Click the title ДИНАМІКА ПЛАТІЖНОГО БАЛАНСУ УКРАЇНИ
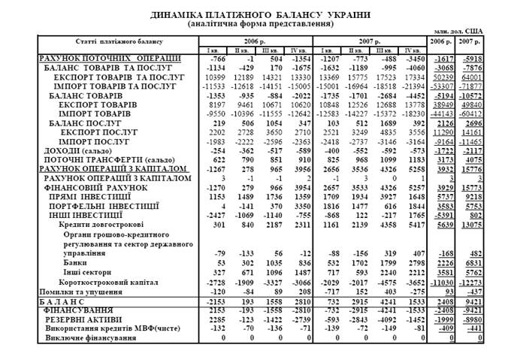[x=255, y=14]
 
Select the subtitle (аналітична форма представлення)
[x=255, y=23]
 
